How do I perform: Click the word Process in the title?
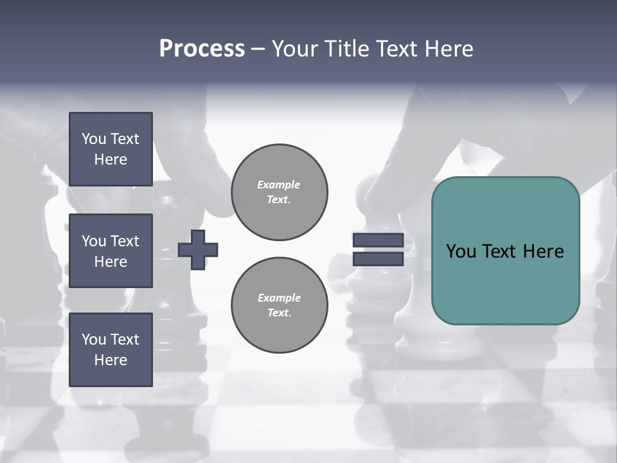[x=202, y=49]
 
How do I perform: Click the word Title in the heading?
[x=347, y=49]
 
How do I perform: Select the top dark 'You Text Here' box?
[x=111, y=149]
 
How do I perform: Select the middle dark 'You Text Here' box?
[x=111, y=251]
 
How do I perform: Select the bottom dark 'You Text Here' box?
[x=111, y=350]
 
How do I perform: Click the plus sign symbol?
[x=198, y=250]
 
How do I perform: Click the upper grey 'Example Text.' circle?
[x=279, y=192]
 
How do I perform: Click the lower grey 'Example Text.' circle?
[x=279, y=305]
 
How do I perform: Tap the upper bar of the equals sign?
[x=378, y=240]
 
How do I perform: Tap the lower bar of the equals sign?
[x=378, y=259]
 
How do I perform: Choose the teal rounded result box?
[x=505, y=283]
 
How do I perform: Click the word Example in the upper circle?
[x=278, y=185]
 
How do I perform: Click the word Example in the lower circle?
[x=279, y=298]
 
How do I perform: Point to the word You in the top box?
[x=94, y=139]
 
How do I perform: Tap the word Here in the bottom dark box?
[x=111, y=360]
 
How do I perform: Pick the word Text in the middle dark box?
[x=124, y=241]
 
